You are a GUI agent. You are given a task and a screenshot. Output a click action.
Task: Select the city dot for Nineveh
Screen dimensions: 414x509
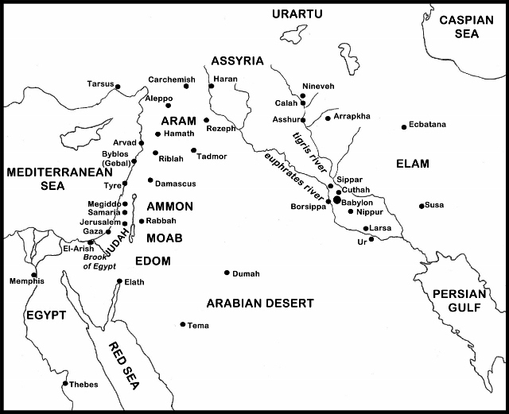[x=303, y=96]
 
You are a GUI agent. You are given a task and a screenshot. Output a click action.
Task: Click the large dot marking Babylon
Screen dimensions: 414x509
[x=337, y=201]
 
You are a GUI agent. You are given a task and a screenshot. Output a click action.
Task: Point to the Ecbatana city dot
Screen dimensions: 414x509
[x=403, y=126]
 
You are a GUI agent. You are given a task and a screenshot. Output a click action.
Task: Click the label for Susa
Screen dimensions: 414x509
[x=434, y=205]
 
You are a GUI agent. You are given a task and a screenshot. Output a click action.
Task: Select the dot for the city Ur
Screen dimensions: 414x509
[x=371, y=239]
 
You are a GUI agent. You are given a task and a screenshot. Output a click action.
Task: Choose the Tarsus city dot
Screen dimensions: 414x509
[x=118, y=86]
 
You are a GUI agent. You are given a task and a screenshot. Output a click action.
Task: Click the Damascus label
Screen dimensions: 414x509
[x=175, y=184]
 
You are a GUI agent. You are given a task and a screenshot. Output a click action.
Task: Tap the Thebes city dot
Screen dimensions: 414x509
[x=65, y=383]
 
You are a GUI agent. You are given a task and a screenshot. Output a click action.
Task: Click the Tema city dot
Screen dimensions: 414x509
[x=183, y=324]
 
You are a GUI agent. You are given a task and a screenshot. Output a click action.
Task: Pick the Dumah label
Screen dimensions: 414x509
[x=245, y=274]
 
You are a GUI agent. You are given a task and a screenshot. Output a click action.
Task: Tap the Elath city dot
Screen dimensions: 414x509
[x=119, y=281]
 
